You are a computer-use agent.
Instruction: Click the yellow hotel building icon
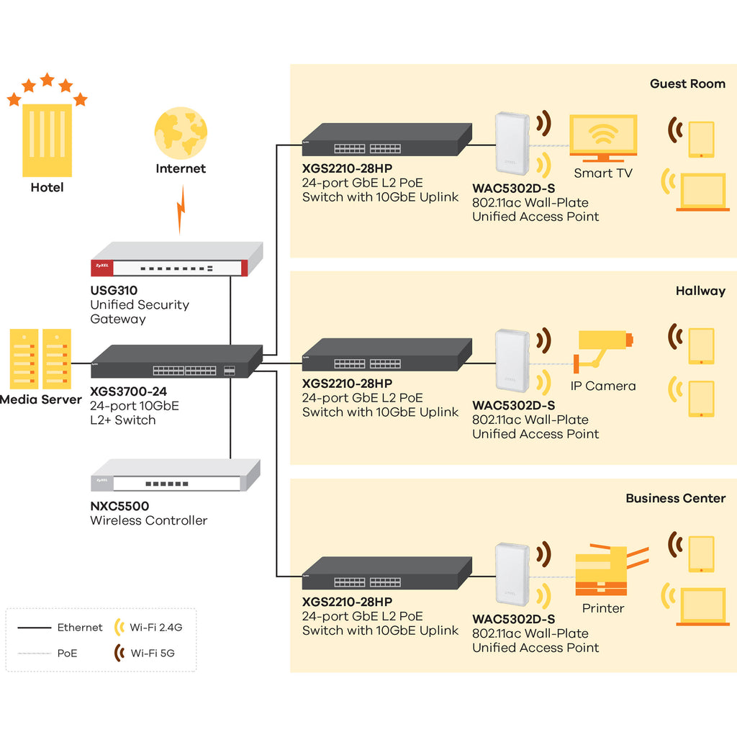point(47,140)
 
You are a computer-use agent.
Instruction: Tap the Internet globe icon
point(181,133)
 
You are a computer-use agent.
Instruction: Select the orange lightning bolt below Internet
point(181,209)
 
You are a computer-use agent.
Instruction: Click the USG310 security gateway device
point(177,259)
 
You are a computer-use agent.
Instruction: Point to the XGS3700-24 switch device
point(177,361)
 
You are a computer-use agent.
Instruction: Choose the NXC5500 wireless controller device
point(176,475)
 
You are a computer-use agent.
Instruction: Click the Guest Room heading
point(687,83)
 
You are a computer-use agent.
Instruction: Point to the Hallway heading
point(700,291)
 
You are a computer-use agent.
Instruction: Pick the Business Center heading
point(675,498)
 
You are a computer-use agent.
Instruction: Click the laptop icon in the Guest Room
point(703,192)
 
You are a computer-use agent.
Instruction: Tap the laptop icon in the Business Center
point(703,607)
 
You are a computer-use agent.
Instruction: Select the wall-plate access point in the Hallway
point(512,361)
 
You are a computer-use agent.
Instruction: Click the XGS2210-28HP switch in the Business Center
point(386,573)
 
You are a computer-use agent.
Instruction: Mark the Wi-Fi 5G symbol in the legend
point(120,652)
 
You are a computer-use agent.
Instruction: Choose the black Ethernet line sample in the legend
point(35,628)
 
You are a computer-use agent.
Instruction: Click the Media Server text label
point(41,399)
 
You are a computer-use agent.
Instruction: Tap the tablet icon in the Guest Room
point(701,139)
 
